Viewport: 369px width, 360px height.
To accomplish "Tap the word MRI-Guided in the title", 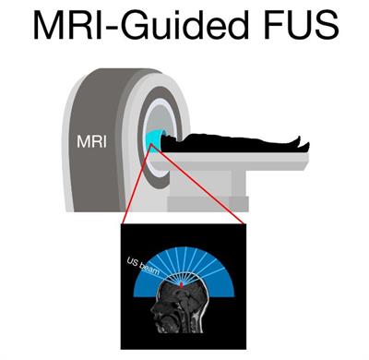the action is point(140,25).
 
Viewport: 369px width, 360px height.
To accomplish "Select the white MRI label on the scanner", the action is point(91,142).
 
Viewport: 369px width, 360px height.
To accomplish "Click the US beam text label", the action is point(143,266).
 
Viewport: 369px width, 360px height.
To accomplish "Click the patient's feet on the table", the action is point(302,143).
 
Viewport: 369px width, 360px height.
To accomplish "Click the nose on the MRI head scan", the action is point(152,310).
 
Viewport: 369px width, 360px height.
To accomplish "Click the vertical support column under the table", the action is point(239,183).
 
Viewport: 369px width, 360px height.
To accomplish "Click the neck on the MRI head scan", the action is point(190,323).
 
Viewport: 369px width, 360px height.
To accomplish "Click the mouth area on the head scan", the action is point(161,319).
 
